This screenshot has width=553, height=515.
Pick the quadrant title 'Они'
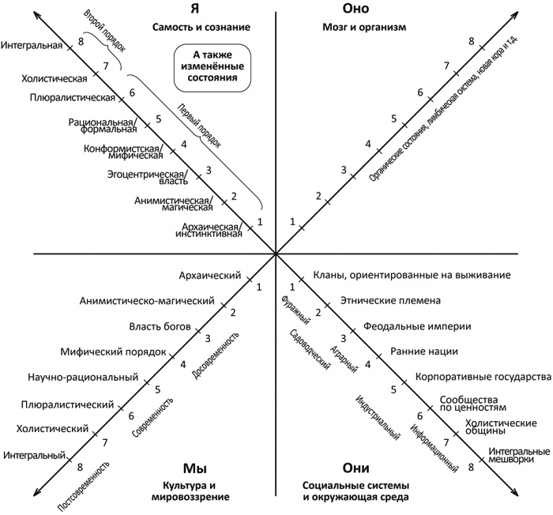point(352,467)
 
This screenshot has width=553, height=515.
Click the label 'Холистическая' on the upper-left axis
point(54,79)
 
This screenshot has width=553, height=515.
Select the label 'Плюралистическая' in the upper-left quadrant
point(73,98)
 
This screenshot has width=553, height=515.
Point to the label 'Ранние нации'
point(423,351)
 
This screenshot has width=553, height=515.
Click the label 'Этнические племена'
point(378,300)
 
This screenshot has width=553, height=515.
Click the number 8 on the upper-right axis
point(471,40)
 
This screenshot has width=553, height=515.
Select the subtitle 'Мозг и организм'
point(353,27)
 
